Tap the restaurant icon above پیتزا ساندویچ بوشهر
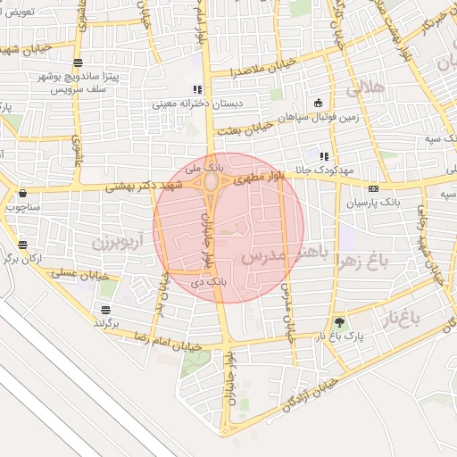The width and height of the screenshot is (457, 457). point(79,62)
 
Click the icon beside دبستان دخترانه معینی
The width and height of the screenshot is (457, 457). point(196,89)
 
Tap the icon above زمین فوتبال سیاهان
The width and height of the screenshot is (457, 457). point(319,103)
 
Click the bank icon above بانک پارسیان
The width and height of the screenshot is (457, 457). point(372,188)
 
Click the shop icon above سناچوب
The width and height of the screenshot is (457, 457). point(21,192)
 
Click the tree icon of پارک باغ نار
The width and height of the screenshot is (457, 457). point(338,322)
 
